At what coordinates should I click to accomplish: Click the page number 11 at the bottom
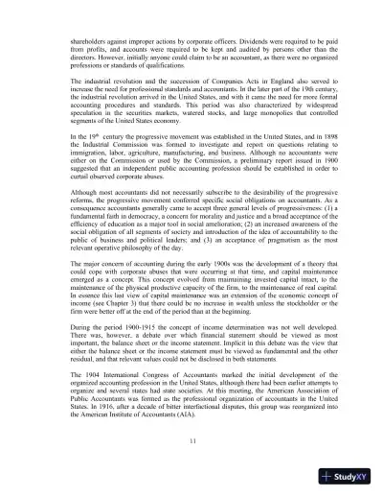[x=191, y=439]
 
